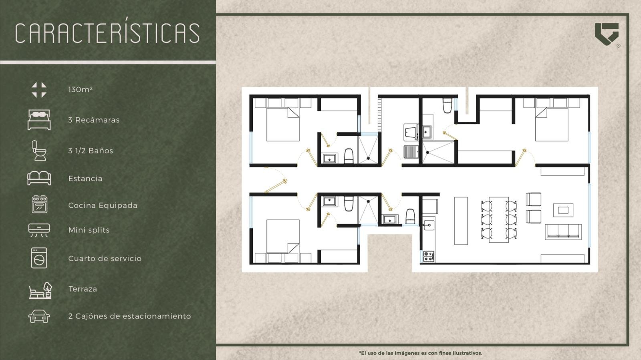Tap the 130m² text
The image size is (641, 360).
click(81, 90)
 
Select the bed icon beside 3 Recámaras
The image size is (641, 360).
click(39, 120)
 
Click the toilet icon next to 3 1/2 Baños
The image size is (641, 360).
click(39, 151)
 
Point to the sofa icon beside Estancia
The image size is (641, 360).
click(39, 178)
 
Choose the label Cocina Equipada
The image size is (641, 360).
click(103, 205)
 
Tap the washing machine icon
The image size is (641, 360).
click(39, 258)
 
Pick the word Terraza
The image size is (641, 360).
click(83, 289)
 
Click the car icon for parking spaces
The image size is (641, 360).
click(39, 316)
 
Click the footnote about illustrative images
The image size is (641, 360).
click(420, 353)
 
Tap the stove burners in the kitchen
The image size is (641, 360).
click(428, 256)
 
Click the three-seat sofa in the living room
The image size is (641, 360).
click(563, 232)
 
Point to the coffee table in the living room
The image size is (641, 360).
click(563, 210)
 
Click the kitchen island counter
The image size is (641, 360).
click(461, 221)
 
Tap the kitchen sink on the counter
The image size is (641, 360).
click(429, 225)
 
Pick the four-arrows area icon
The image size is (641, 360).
click(39, 90)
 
